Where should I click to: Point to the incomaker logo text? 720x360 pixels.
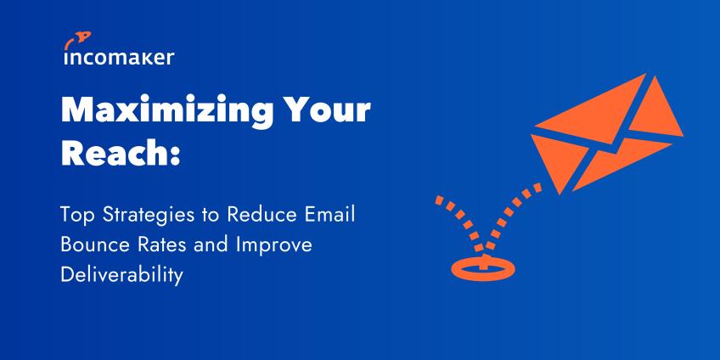[119, 58]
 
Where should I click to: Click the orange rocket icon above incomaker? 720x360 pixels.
[77, 40]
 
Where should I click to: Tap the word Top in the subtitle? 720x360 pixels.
[78, 216]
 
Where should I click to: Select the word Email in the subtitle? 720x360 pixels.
[330, 215]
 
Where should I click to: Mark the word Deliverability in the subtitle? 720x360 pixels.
[121, 275]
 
